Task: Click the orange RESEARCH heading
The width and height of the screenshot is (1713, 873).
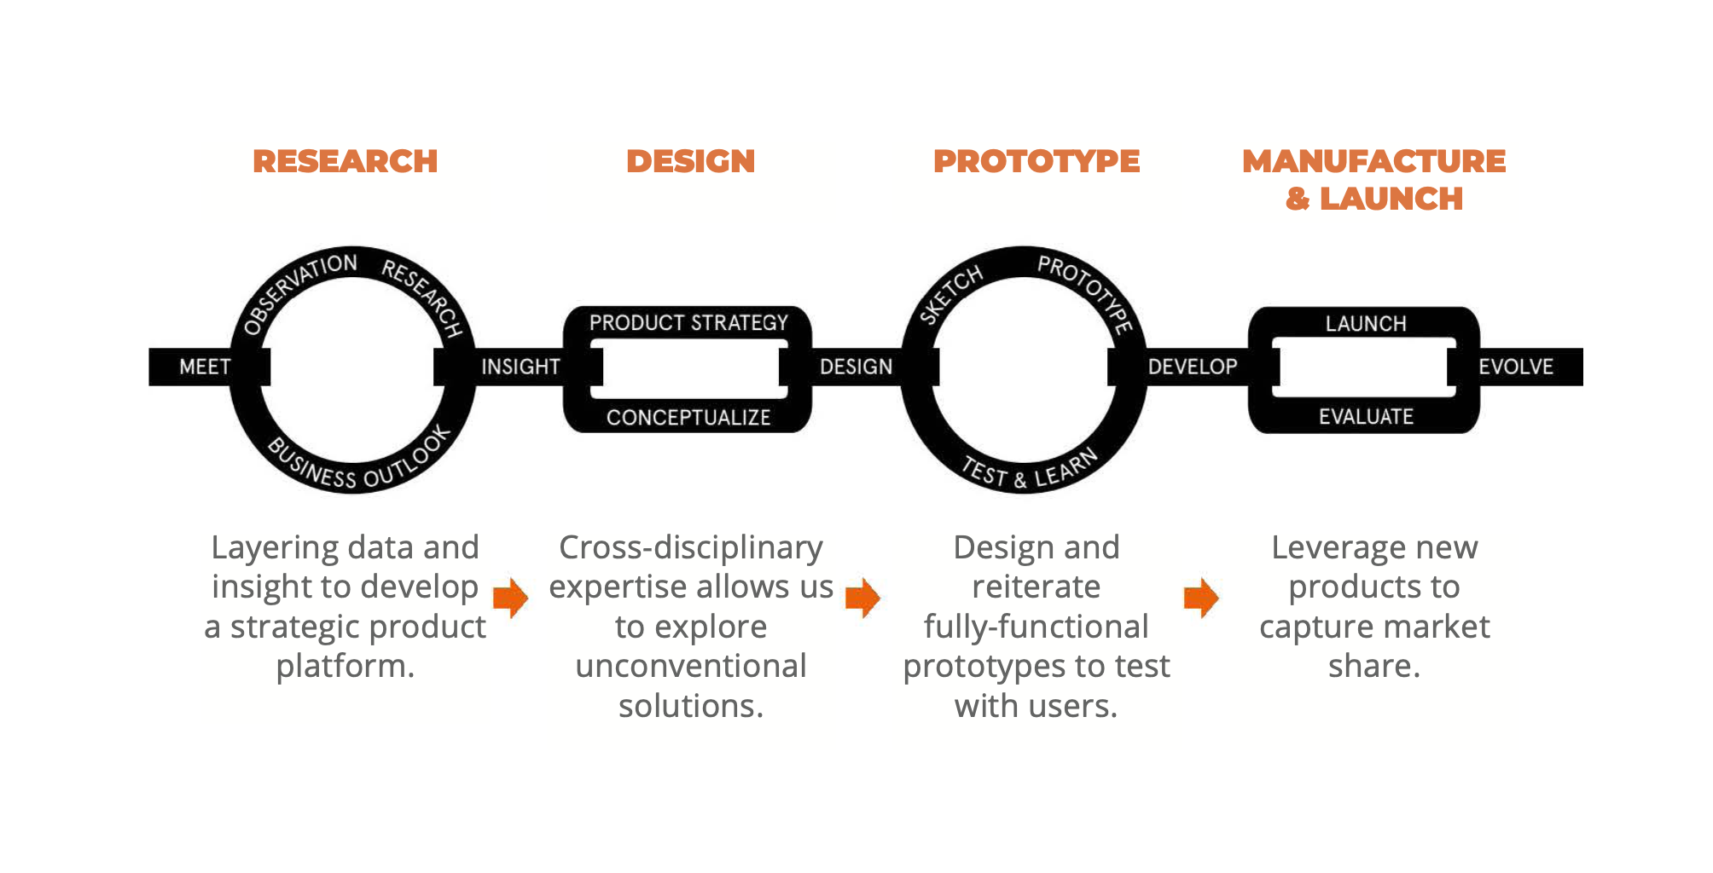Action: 345,161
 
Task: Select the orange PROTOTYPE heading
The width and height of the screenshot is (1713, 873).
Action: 1036,161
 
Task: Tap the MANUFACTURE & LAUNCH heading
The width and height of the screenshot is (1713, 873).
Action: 1373,179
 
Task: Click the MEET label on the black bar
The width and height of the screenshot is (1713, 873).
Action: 205,367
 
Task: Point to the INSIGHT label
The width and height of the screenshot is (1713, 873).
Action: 520,367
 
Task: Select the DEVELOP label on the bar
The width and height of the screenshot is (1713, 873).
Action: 1192,367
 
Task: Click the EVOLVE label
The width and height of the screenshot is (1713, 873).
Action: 1515,367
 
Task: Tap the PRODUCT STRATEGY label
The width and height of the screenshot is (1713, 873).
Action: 688,323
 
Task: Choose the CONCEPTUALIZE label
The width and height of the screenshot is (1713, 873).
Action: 688,418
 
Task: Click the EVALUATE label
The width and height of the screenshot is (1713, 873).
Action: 1366,417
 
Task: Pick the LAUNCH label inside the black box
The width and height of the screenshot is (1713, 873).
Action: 1366,324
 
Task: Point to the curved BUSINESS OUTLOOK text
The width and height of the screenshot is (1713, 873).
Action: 358,467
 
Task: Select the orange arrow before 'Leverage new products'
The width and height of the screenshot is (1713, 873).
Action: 1201,598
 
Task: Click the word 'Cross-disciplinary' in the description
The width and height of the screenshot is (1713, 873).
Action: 690,547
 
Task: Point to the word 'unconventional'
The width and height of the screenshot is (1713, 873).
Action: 690,666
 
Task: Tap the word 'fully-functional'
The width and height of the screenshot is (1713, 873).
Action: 1036,627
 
